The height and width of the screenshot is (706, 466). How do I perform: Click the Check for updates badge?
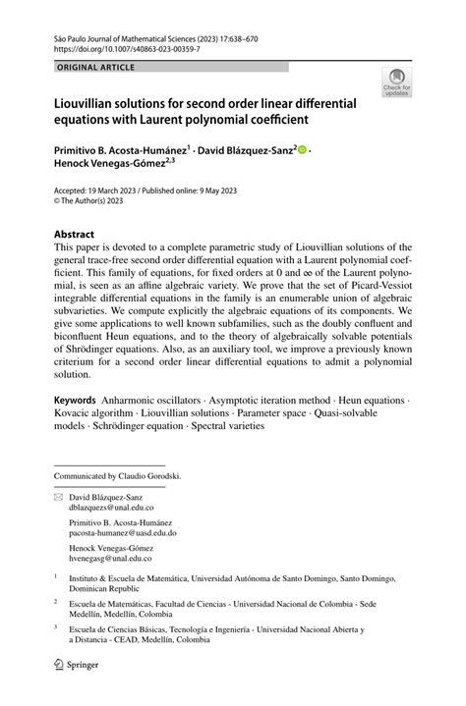click(x=398, y=82)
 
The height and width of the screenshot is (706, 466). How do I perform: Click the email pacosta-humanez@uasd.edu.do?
click(x=122, y=533)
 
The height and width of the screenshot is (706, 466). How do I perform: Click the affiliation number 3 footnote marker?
click(x=56, y=625)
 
